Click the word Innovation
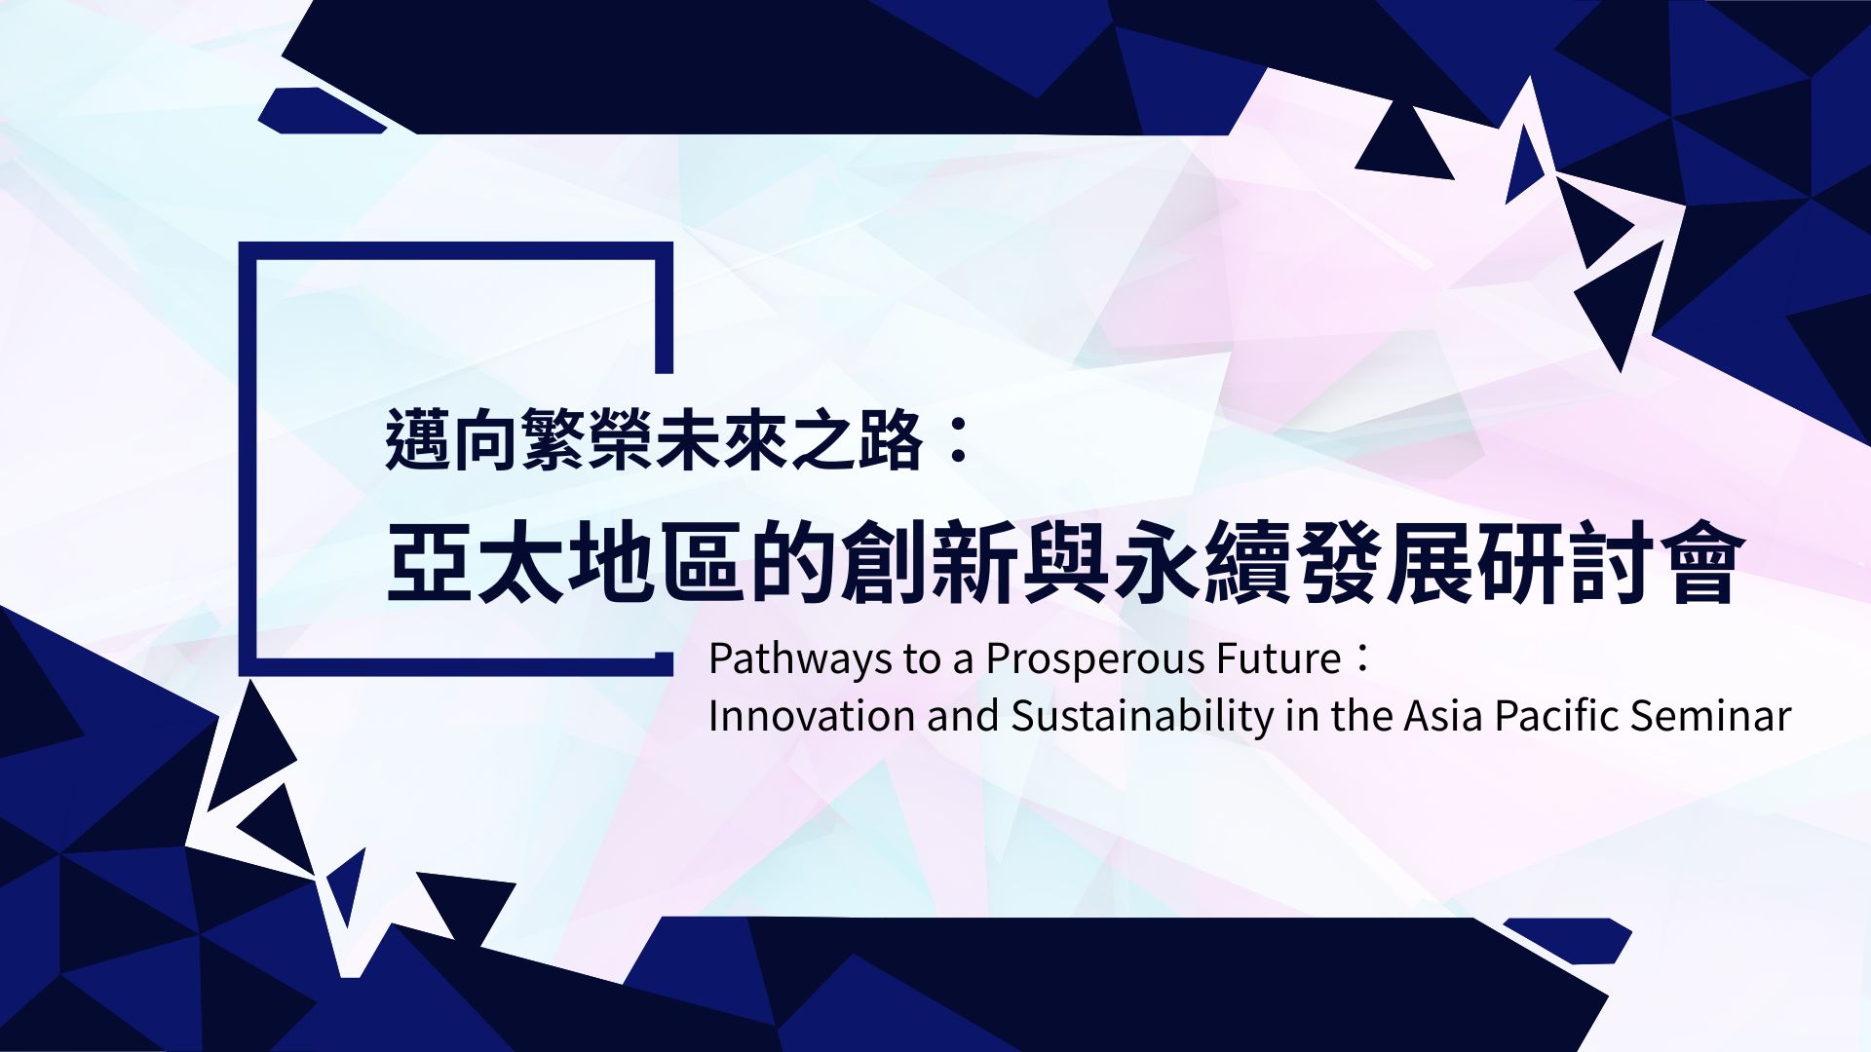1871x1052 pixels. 812,716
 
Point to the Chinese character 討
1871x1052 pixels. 1611,562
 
